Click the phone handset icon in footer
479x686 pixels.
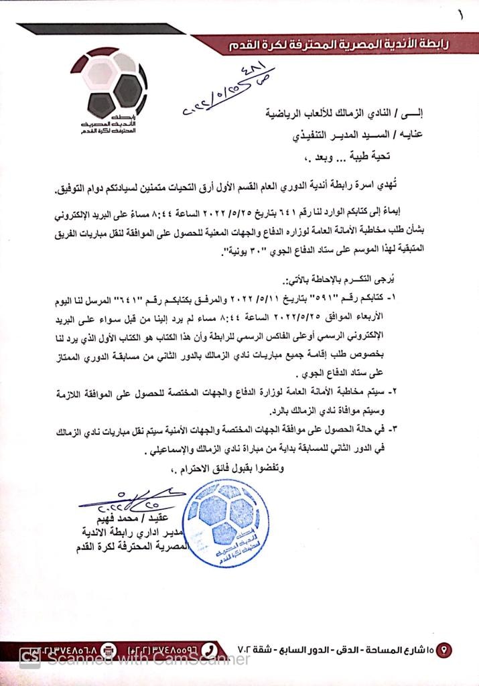click(x=209, y=648)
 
